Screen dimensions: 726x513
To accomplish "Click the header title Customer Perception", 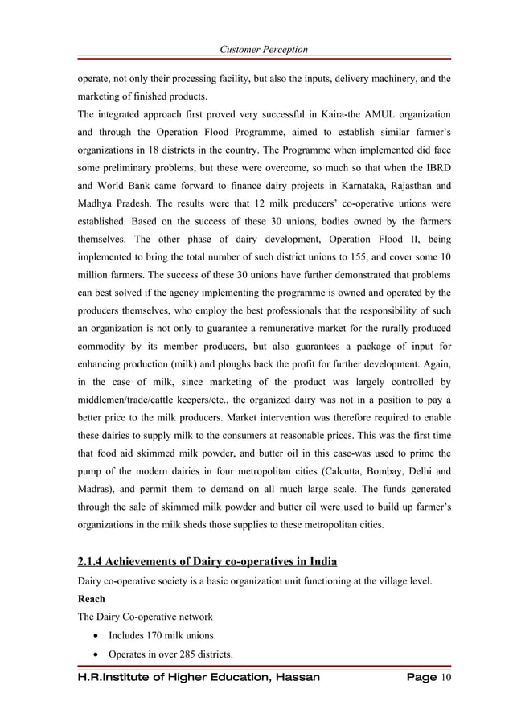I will click(x=263, y=50).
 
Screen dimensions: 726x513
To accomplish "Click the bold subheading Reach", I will click(x=91, y=599).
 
